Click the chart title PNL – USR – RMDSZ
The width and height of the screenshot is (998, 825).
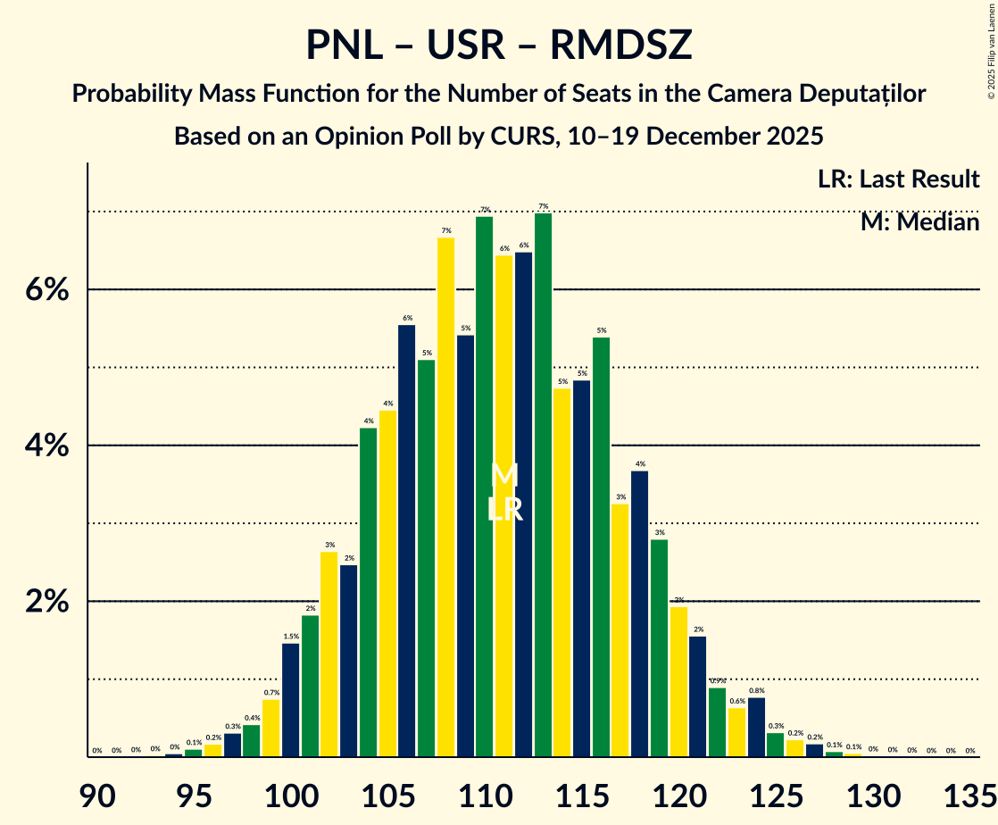498,45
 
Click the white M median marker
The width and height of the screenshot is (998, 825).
504,475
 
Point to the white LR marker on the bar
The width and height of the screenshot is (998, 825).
504,510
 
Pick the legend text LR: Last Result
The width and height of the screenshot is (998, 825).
898,179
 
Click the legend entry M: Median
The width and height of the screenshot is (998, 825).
919,221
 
